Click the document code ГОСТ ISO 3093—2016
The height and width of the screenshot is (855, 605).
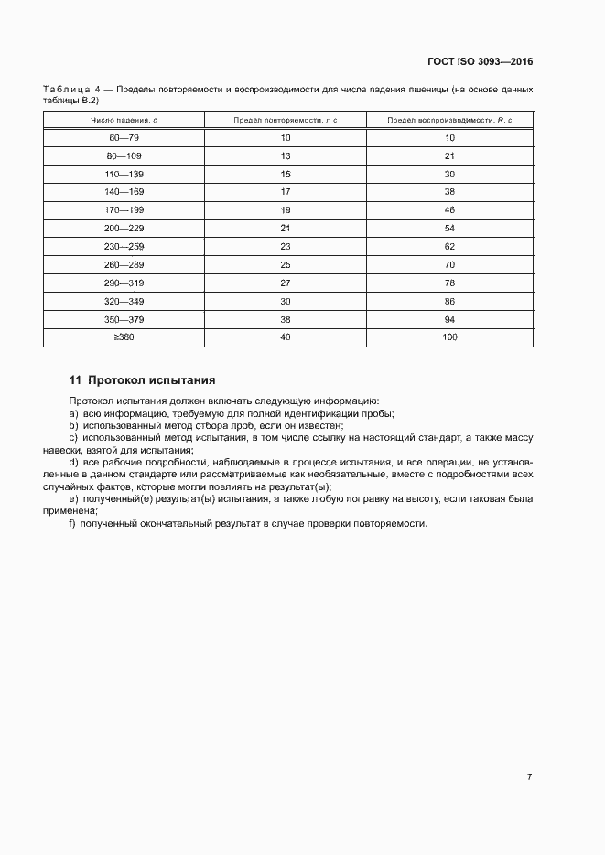(x=480, y=61)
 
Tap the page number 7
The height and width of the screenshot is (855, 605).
(x=529, y=776)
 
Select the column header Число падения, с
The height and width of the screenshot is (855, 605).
(x=124, y=120)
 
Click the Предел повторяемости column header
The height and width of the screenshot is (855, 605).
(x=286, y=120)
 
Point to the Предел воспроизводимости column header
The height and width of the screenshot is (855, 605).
(x=449, y=120)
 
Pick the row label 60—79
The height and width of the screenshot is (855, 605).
(x=124, y=137)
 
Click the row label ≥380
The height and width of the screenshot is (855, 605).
(x=124, y=337)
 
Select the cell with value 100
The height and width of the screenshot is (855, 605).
(x=449, y=337)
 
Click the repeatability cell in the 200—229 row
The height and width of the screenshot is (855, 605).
(x=286, y=228)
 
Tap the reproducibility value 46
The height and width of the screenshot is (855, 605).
(x=449, y=209)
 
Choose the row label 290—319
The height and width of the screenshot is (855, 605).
(x=124, y=283)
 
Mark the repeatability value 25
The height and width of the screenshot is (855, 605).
(x=286, y=264)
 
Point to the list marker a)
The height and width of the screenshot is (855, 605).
(x=73, y=413)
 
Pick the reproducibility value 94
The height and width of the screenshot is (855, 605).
(x=449, y=319)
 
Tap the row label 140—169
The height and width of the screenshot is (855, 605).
(x=124, y=191)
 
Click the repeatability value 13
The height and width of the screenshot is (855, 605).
(x=286, y=155)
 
